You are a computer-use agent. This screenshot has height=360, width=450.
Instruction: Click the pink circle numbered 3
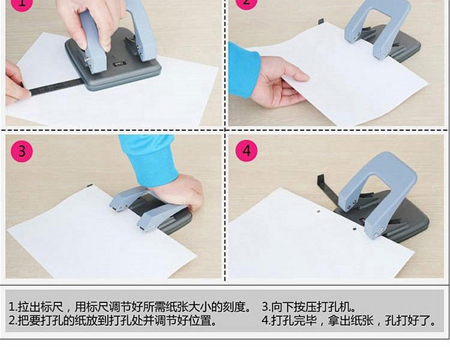pyautogui.click(x=22, y=151)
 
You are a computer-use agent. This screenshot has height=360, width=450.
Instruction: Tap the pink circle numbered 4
pyautogui.click(x=246, y=151)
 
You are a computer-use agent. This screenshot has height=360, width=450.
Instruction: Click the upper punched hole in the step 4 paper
pyautogui.click(x=318, y=212)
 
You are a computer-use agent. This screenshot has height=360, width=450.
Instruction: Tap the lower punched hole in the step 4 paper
pyautogui.click(x=355, y=229)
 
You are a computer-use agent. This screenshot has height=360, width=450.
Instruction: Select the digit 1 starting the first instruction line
pyautogui.click(x=11, y=307)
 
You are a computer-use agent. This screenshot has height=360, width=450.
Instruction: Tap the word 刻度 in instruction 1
pyautogui.click(x=234, y=307)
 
